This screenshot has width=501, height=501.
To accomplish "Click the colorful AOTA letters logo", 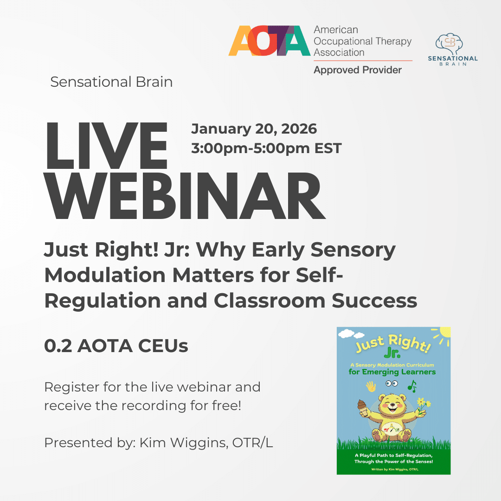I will pyautogui.click(x=269, y=41).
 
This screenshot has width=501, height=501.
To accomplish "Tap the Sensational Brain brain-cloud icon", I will pyautogui.click(x=449, y=43).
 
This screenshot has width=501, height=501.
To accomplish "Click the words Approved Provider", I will pyautogui.click(x=358, y=70).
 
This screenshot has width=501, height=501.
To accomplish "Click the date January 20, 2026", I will pyautogui.click(x=254, y=128).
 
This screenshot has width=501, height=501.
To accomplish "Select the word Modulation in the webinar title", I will pyautogui.click(x=104, y=276).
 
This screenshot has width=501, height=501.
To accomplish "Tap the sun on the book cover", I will pyautogui.click(x=444, y=334).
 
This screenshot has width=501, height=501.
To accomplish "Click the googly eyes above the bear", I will pyautogui.click(x=392, y=384).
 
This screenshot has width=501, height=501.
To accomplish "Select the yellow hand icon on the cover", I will pyautogui.click(x=371, y=386).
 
